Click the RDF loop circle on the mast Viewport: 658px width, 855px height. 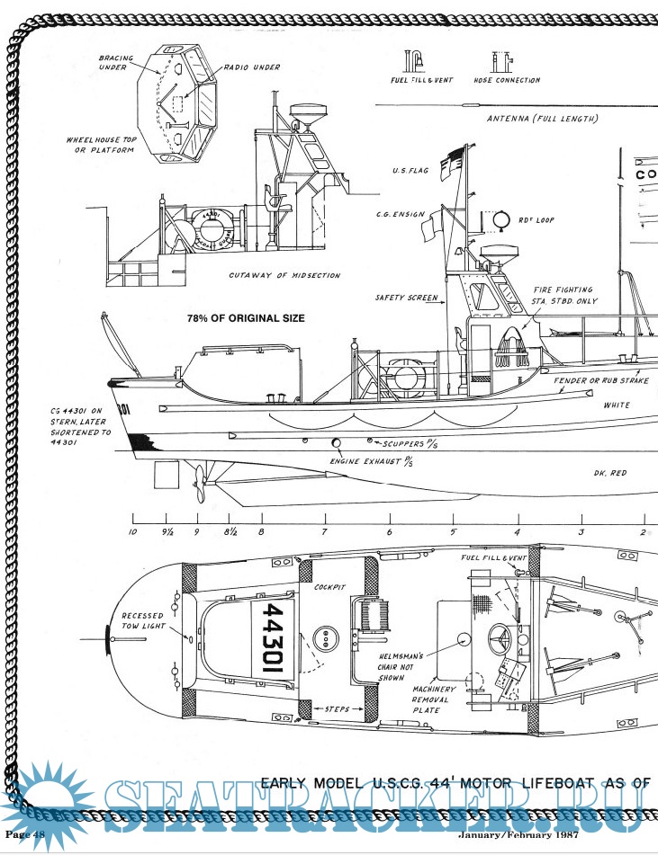click(x=501, y=221)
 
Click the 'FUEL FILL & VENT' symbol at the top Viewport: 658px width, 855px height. click(x=414, y=61)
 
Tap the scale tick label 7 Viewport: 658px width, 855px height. click(x=324, y=532)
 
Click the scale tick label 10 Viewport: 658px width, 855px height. click(x=133, y=532)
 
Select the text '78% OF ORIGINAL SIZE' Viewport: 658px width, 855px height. click(x=245, y=318)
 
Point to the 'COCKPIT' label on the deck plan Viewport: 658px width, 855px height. click(x=330, y=586)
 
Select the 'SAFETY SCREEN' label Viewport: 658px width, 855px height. click(x=407, y=298)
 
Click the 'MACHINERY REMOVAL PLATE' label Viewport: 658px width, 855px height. click(x=437, y=699)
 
